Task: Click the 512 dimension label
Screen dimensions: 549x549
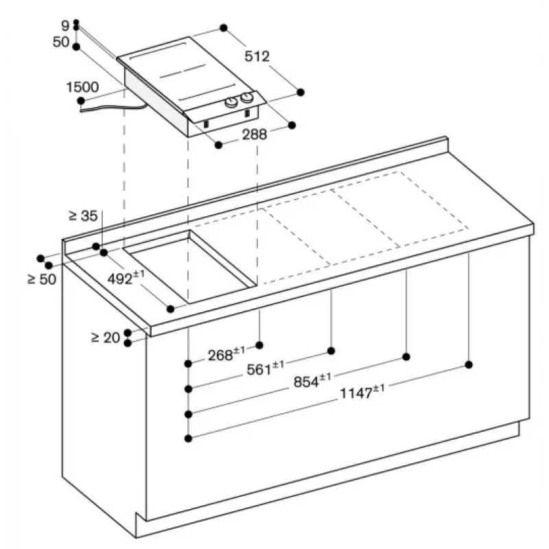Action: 257,56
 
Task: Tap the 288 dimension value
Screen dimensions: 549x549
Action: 255,134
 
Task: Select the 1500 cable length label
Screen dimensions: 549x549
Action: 82,87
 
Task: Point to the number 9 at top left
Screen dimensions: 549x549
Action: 65,25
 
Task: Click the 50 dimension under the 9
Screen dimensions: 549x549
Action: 61,42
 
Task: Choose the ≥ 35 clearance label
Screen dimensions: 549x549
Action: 83,216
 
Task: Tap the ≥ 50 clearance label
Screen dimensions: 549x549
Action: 42,279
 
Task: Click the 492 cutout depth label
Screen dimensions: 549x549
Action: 126,278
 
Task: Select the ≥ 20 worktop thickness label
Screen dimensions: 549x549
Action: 106,338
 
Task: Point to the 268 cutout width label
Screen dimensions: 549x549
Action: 226,354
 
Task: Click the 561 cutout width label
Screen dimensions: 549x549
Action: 266,368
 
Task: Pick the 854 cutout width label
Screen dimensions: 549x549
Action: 312,381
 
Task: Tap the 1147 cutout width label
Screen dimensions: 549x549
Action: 362,392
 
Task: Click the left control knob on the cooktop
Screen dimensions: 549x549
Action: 231,102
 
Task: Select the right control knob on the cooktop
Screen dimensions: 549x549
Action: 247,97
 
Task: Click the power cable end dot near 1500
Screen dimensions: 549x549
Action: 81,101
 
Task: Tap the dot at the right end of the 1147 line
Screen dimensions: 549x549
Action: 469,365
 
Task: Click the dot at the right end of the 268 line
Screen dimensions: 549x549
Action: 259,345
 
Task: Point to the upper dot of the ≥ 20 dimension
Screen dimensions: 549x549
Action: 128,333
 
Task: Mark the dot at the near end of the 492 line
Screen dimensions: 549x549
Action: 170,309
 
